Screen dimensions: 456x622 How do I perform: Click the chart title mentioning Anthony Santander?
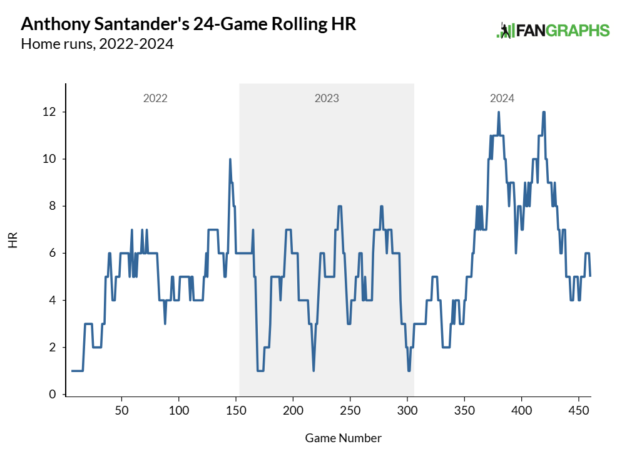pyautogui.click(x=188, y=24)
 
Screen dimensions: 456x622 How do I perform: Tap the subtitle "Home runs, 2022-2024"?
pyautogui.click(x=97, y=44)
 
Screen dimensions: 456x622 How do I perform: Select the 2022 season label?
pyautogui.click(x=155, y=98)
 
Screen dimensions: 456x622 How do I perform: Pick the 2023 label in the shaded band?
pyautogui.click(x=327, y=98)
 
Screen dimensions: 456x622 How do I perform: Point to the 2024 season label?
pyautogui.click(x=502, y=98)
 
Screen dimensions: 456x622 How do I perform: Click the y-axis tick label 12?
pyautogui.click(x=49, y=111)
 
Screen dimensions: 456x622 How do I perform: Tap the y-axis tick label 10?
pyautogui.click(x=49, y=158)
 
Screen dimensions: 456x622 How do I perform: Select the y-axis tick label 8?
pyautogui.click(x=53, y=205)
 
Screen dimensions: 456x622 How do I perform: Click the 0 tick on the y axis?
pyautogui.click(x=53, y=395)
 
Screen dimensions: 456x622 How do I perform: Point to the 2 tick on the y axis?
pyautogui.click(x=53, y=347)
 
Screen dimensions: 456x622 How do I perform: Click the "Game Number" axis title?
pyautogui.click(x=343, y=438)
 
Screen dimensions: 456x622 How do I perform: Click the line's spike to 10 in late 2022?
pyautogui.click(x=230, y=160)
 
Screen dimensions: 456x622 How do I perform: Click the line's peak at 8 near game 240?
pyautogui.click(x=339, y=206)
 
